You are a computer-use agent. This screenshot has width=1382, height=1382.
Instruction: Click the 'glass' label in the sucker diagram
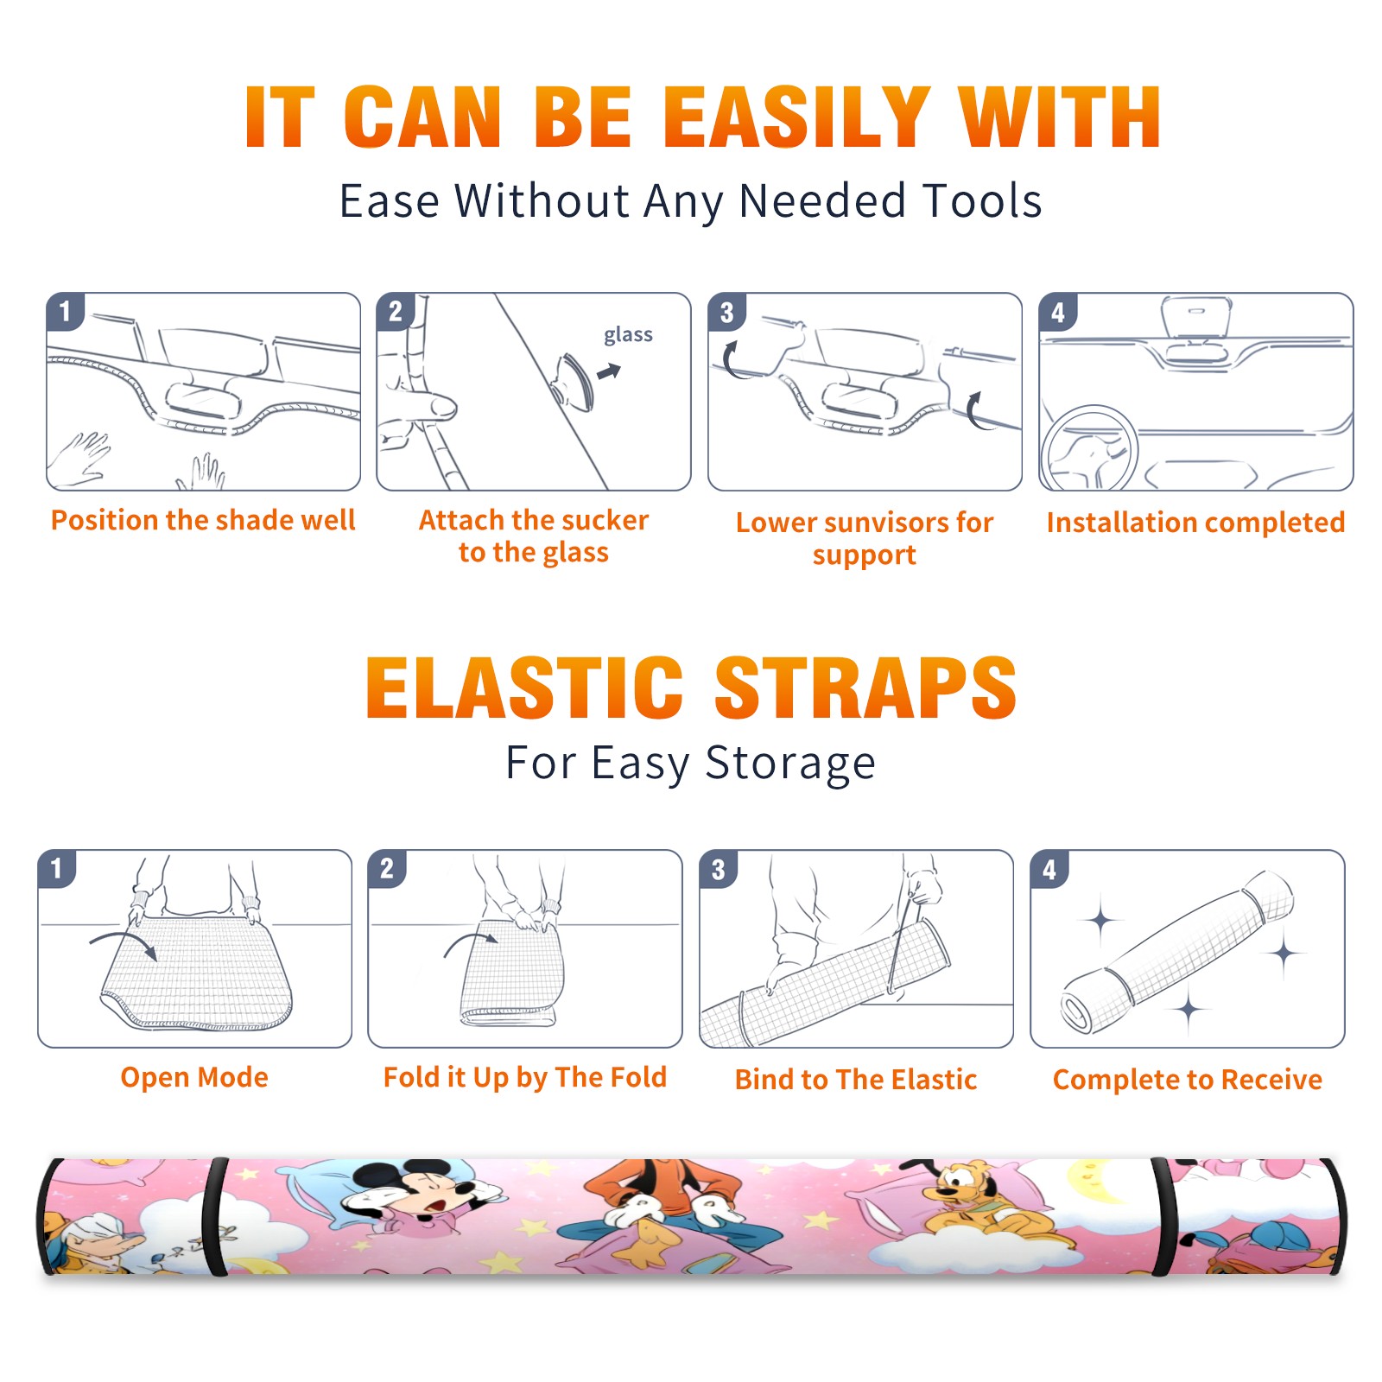[x=628, y=335]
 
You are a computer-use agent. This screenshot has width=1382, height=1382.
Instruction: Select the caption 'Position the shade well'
[x=203, y=520]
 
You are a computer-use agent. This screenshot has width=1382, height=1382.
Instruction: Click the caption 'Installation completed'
[x=1195, y=522]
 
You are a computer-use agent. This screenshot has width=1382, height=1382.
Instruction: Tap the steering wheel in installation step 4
[x=1088, y=448]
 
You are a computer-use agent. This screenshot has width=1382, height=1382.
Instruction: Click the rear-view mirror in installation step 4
[x=1196, y=318]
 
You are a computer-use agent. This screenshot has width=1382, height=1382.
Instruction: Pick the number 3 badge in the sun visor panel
[x=727, y=312]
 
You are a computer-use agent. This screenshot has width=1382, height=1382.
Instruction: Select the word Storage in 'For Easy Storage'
[x=790, y=764]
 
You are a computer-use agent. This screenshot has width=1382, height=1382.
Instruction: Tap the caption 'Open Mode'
[x=194, y=1077]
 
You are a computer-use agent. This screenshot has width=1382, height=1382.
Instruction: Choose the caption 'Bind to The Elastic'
[x=856, y=1079]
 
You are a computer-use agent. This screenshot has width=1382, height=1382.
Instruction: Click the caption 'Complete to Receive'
[x=1188, y=1080]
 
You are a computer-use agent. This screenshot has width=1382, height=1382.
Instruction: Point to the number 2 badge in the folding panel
[x=387, y=869]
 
